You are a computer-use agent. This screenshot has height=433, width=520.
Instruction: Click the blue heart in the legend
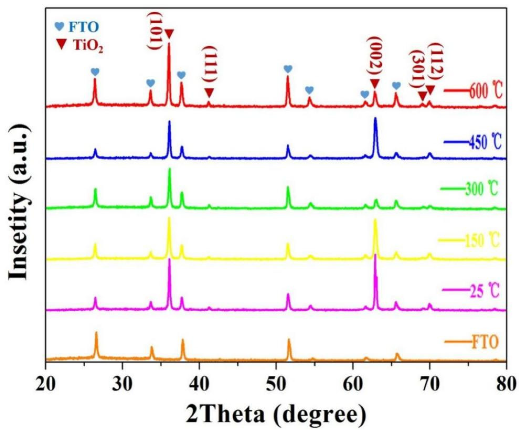point(59,26)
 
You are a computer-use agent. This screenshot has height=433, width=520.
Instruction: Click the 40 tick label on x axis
point(200,384)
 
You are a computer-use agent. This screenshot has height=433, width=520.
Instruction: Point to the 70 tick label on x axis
point(429,384)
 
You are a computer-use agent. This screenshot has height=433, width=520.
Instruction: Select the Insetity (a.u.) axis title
point(19,202)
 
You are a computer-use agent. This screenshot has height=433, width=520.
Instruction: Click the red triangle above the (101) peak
point(169,34)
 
